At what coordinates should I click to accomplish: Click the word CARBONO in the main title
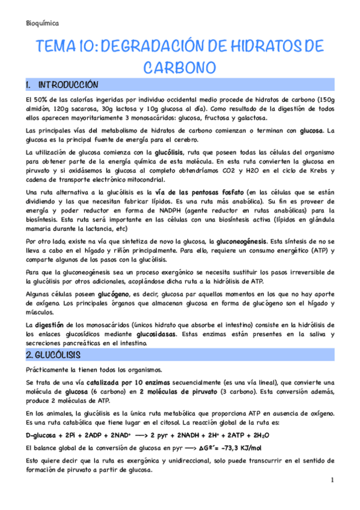pyautogui.click(x=180, y=67)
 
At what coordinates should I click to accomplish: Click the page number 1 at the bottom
pyautogui.click(x=331, y=481)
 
